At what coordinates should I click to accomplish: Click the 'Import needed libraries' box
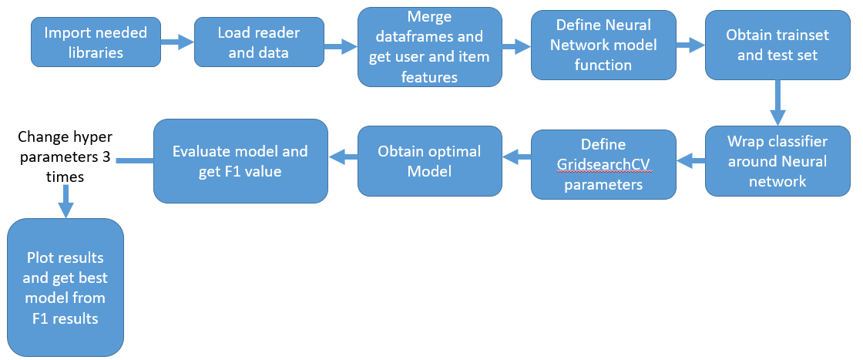(x=96, y=42)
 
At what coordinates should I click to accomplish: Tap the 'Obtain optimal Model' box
(x=429, y=161)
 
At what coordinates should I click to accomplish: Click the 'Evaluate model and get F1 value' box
(x=240, y=161)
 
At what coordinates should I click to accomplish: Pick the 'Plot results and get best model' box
(x=65, y=288)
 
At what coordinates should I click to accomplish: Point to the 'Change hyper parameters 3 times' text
(x=65, y=156)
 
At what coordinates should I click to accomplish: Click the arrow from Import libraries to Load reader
(x=177, y=43)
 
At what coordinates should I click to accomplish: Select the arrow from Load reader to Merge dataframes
(x=340, y=46)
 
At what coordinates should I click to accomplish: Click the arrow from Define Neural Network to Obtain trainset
(x=690, y=45)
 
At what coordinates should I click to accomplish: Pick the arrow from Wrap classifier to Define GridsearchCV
(x=691, y=160)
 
